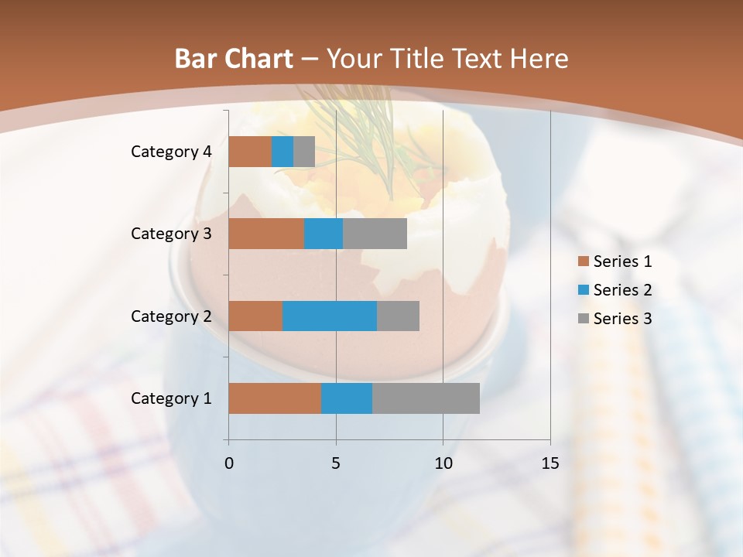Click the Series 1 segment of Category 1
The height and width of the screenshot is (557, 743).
pyautogui.click(x=275, y=398)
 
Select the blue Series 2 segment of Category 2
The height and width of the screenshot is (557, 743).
pyautogui.click(x=330, y=316)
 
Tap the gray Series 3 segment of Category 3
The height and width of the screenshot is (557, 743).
pyautogui.click(x=375, y=234)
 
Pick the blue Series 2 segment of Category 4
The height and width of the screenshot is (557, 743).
pyautogui.click(x=282, y=152)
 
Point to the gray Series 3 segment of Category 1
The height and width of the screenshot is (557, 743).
pyautogui.click(x=426, y=398)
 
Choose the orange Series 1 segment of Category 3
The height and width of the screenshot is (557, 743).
pyautogui.click(x=266, y=234)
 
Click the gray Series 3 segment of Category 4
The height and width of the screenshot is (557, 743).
pyautogui.click(x=304, y=152)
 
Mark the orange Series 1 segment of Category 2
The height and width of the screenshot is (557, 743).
pyautogui.click(x=255, y=316)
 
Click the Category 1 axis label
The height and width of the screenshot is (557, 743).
pyautogui.click(x=171, y=398)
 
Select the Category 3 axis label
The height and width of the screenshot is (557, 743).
pyautogui.click(x=171, y=234)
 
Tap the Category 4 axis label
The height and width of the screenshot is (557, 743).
pyautogui.click(x=171, y=152)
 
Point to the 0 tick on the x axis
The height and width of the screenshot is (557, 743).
pyautogui.click(x=229, y=463)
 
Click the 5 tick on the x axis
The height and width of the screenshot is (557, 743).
pyautogui.click(x=336, y=463)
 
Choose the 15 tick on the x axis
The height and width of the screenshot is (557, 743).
pyautogui.click(x=550, y=463)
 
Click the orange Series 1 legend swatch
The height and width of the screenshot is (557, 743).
pyautogui.click(x=583, y=261)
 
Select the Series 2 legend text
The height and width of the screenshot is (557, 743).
pyautogui.click(x=622, y=290)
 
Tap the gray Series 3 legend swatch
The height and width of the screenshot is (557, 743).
pyautogui.click(x=583, y=319)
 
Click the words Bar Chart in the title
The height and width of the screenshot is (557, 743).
pyautogui.click(x=234, y=58)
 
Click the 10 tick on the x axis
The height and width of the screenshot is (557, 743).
pyautogui.click(x=443, y=463)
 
